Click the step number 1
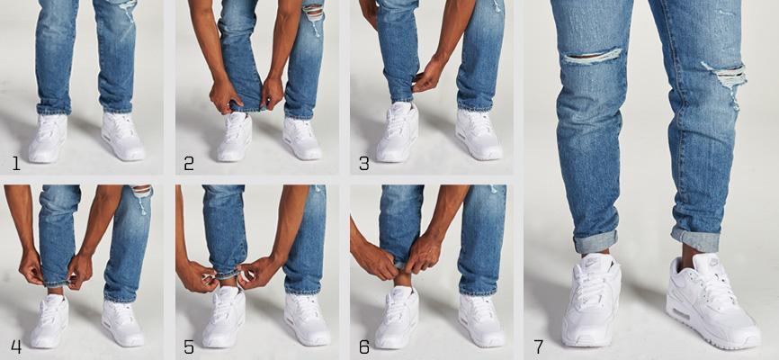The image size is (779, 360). coord(16,163)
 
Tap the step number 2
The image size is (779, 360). coord(189,163)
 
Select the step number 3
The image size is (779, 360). coord(363,163)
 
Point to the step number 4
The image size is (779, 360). coord(16,346)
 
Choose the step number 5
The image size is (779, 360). coord(189,346)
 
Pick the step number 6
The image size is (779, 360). coord(363,346)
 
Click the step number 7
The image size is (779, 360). coord(538,346)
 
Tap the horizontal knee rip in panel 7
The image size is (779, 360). coord(592,56)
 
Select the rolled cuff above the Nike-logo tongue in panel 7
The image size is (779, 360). coord(595,242)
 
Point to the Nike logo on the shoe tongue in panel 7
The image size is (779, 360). coord(592,261)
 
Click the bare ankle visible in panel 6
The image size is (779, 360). coord(403,278)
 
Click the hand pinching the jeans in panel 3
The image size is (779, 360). coord(428,75)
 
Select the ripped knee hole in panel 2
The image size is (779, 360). coord(313,12)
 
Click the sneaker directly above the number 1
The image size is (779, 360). coord(48,138)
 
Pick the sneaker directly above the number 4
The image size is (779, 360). coord(49,321)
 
